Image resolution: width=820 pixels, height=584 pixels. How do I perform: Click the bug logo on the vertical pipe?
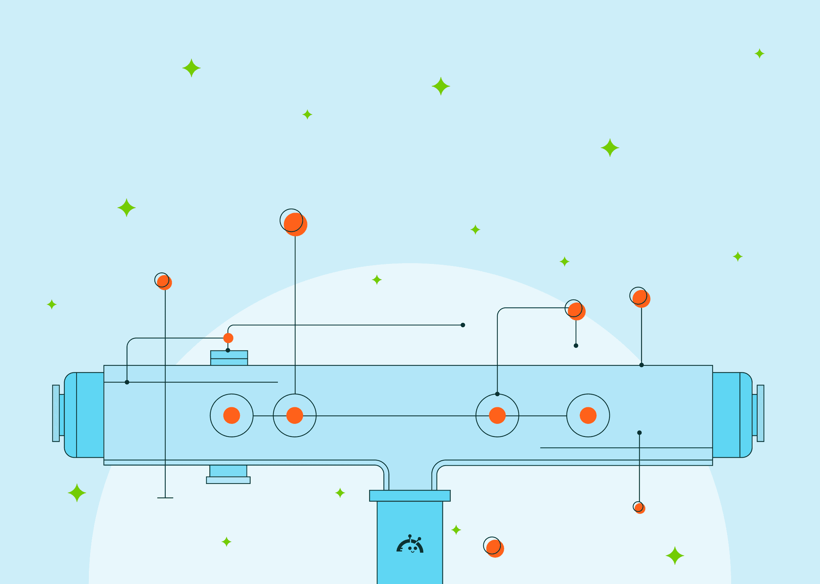(410, 545)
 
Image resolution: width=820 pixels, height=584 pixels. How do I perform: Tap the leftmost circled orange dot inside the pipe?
(231, 415)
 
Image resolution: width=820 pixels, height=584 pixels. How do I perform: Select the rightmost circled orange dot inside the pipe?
(588, 415)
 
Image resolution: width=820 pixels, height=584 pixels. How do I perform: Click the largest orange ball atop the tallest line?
(295, 224)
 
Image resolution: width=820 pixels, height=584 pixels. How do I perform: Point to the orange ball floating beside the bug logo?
(495, 548)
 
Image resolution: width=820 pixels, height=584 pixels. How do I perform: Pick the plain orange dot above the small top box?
(228, 338)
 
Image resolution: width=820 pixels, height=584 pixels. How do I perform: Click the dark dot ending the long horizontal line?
(463, 325)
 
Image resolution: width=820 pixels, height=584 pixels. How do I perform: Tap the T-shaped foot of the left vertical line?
(165, 498)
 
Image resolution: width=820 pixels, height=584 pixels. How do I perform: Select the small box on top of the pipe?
(229, 358)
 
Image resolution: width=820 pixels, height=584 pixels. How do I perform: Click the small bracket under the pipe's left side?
(228, 475)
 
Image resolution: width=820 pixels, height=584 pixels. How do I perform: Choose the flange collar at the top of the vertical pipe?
(410, 495)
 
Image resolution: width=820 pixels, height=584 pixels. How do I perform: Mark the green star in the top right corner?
(759, 54)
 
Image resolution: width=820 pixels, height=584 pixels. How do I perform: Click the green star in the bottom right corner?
(675, 556)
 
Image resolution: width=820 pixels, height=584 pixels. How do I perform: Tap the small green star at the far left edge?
(52, 304)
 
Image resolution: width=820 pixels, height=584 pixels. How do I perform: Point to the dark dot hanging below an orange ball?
(576, 346)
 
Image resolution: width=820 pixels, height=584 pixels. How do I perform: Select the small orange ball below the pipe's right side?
(640, 508)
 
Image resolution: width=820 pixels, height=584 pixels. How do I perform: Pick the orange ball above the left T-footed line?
(164, 282)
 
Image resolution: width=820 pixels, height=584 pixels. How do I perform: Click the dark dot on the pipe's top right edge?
(641, 365)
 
